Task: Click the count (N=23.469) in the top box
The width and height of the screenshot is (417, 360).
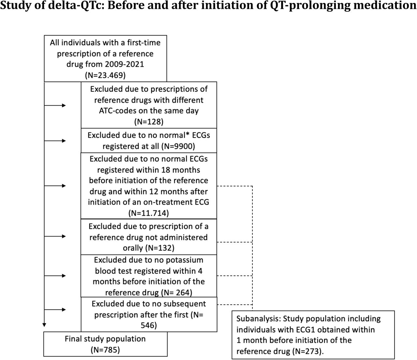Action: pos(105,75)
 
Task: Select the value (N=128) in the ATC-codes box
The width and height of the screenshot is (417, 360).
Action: pos(149,122)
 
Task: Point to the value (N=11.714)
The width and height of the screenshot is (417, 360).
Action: pos(149,213)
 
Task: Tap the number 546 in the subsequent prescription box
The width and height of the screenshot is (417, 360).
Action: pos(149,325)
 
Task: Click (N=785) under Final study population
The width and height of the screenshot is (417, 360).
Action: pos(105,350)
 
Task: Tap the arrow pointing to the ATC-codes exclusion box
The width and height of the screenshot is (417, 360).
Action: pos(55,105)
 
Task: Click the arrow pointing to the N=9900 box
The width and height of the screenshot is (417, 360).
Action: pos(55,141)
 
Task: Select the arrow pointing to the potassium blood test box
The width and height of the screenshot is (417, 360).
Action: pos(55,276)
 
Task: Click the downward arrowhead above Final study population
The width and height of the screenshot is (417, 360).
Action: pos(44,325)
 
